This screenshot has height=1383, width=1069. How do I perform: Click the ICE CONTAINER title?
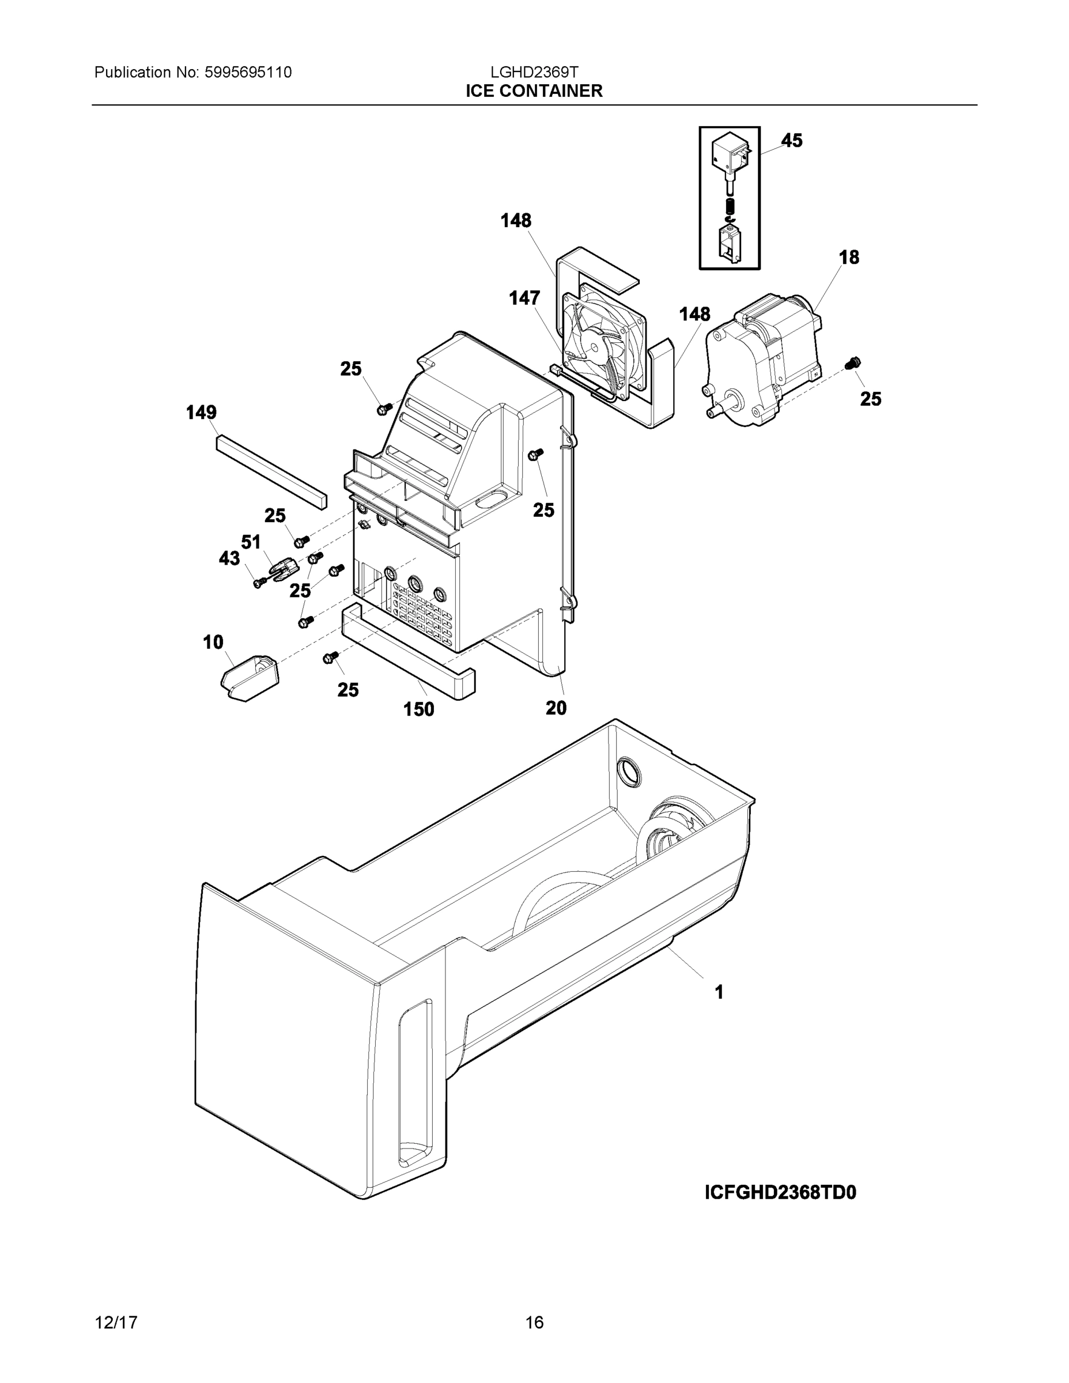pyautogui.click(x=534, y=91)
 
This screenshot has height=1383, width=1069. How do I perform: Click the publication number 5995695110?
pyautogui.click(x=248, y=73)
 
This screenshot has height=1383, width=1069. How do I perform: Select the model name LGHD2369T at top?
pyautogui.click(x=534, y=72)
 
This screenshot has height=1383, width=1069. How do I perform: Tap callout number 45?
pyautogui.click(x=792, y=141)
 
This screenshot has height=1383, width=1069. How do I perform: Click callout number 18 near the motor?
pyautogui.click(x=849, y=258)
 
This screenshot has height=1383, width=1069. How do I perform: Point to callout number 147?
pyautogui.click(x=524, y=298)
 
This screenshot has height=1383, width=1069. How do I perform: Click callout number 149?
pyautogui.click(x=201, y=413)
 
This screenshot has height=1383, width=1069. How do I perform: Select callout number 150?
pyautogui.click(x=418, y=710)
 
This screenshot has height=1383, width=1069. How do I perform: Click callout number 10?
pyautogui.click(x=213, y=643)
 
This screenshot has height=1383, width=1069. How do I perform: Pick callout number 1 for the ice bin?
pyautogui.click(x=719, y=993)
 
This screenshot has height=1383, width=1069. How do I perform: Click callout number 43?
pyautogui.click(x=229, y=558)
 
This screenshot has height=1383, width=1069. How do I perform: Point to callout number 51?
pyautogui.click(x=251, y=542)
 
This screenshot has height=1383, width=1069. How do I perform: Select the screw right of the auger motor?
pyautogui.click(x=853, y=364)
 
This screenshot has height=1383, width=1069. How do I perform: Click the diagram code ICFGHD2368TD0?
pyautogui.click(x=780, y=1193)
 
